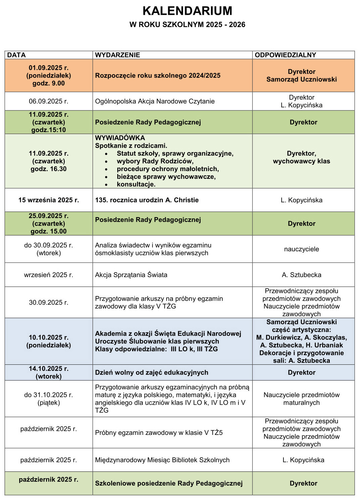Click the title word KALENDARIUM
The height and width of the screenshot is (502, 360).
point(187,11)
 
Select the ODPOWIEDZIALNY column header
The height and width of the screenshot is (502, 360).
point(285,55)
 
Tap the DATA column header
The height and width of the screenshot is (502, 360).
point(16,55)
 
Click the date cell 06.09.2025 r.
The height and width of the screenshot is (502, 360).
point(49,101)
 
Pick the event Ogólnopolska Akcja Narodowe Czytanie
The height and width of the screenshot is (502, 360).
point(155,101)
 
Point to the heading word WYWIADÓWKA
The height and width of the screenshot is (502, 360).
point(120,138)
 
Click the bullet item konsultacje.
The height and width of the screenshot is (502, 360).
point(136,184)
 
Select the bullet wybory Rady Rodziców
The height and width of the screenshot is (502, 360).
point(155,161)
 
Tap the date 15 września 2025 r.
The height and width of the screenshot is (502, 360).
point(49,200)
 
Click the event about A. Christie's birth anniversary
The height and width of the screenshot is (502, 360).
point(147,200)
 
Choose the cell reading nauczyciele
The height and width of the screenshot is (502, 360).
point(302,249)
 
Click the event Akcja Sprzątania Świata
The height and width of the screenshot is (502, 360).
point(131,275)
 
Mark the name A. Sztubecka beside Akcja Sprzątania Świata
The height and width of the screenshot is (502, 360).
point(302,275)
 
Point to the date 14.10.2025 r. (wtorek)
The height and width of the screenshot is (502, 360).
point(49,372)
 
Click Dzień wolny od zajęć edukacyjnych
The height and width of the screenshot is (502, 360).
point(151,372)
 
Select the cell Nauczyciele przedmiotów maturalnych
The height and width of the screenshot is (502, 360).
point(302,399)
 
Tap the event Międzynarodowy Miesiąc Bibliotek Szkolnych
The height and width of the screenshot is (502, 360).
point(162,460)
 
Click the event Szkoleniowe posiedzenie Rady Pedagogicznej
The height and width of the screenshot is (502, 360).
point(169,483)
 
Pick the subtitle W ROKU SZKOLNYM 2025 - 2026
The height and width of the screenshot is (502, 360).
point(187,24)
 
